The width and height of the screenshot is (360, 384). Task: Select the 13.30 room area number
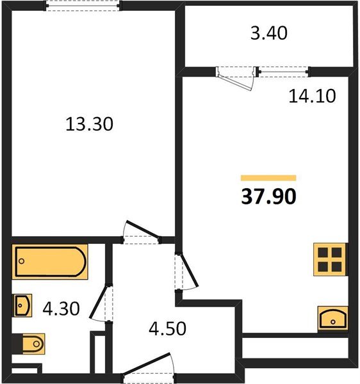tap(89, 124)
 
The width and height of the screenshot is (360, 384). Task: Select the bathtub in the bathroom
tap(51, 261)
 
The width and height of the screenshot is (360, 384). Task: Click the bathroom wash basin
tap(22, 306)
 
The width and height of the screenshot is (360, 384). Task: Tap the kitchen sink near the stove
tap(332, 318)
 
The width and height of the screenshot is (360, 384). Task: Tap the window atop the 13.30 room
tap(83, 6)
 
